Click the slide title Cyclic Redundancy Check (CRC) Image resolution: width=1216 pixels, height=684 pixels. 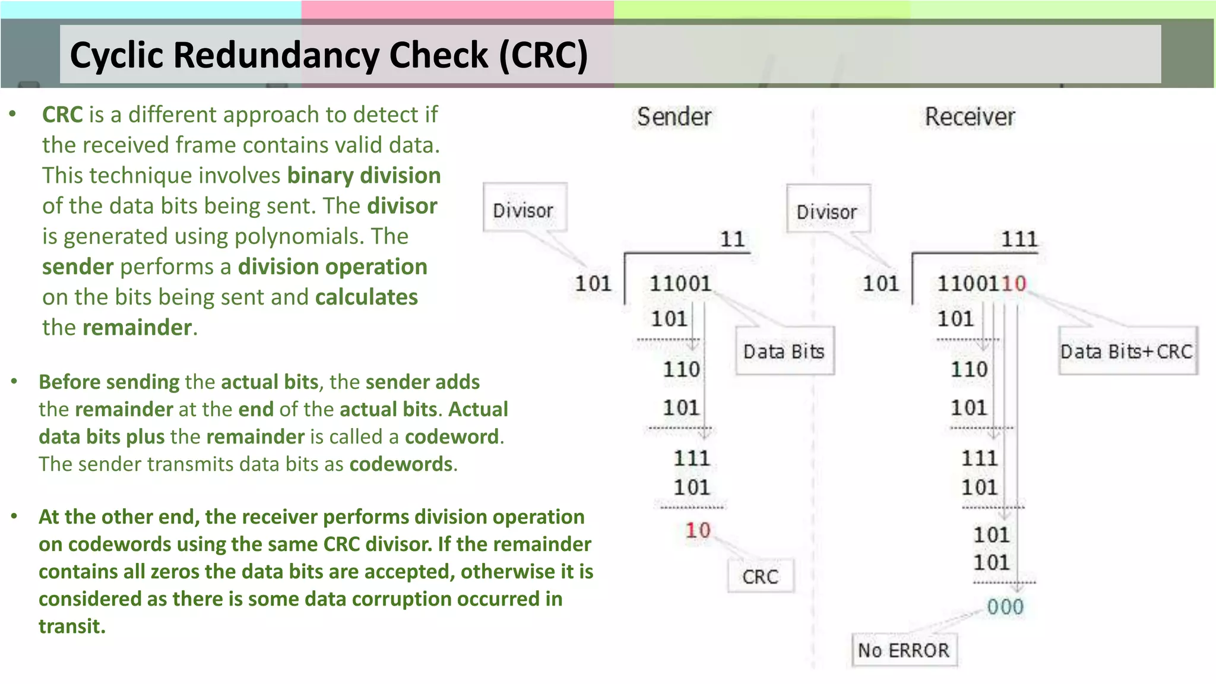(x=328, y=55)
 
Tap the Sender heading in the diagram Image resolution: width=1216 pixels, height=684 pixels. (x=674, y=117)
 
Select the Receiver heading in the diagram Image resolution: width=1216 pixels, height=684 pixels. (x=970, y=117)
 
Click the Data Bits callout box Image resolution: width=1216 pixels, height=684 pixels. (x=784, y=351)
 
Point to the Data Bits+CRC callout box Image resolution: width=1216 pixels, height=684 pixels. (x=1126, y=351)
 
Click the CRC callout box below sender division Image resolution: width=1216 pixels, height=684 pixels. (x=760, y=577)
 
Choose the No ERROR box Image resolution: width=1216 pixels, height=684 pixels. (x=904, y=651)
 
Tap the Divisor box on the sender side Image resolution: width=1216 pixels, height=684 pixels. (x=523, y=210)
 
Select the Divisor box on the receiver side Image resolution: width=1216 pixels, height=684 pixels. (x=827, y=211)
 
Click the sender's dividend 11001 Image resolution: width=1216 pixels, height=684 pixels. (x=680, y=284)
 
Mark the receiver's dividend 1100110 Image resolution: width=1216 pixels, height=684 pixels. (x=981, y=284)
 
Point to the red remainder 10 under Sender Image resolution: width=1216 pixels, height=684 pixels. (x=698, y=530)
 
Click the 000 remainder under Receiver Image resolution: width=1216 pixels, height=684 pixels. (x=1005, y=607)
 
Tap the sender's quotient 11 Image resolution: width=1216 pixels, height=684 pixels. (x=732, y=239)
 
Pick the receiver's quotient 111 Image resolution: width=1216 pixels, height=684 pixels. (x=1019, y=239)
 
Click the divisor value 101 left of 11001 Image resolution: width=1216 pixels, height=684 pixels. (x=593, y=284)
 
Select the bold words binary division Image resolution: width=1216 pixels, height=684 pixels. (x=364, y=176)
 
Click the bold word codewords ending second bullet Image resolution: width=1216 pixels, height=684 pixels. (x=401, y=464)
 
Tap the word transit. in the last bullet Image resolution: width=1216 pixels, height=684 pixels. (x=72, y=626)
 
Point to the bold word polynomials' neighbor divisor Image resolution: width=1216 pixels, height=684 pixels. (x=402, y=206)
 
